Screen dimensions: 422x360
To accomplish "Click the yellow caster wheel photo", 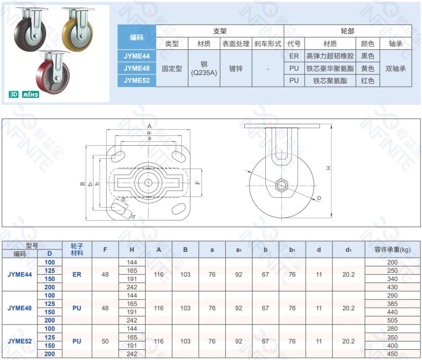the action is [78, 29].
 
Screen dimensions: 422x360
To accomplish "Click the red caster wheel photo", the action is [53, 72].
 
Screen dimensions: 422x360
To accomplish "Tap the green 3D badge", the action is [14, 94].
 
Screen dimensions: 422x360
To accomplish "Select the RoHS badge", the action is [30, 94].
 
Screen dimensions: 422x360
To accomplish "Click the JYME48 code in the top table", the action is [137, 68].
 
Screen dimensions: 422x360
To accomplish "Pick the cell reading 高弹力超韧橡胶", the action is [330, 56].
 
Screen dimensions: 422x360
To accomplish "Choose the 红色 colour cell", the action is [367, 80].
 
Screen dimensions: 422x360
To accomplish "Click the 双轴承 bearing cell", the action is [396, 69].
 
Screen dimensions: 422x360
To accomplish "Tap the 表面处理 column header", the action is [236, 44].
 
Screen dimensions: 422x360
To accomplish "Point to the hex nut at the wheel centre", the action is [281, 185].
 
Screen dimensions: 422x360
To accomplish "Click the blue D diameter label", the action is [319, 198].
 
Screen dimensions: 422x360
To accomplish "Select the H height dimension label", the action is [329, 168].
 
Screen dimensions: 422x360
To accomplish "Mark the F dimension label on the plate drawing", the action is [198, 183].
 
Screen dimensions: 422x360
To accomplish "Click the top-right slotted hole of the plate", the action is [179, 156].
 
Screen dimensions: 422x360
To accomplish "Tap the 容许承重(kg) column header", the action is [392, 249].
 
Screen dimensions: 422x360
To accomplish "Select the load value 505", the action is [392, 320].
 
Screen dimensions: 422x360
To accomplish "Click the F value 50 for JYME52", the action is [105, 341].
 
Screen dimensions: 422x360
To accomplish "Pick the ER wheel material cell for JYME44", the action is [77, 274].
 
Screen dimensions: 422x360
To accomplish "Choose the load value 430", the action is [392, 287].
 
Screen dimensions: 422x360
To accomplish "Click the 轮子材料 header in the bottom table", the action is [77, 249].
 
